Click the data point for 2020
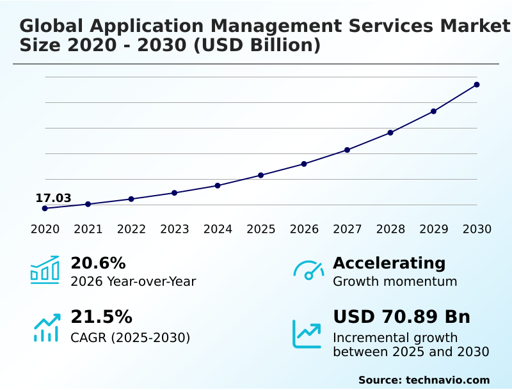45,208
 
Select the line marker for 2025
261,175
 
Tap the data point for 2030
477,84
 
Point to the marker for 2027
348,150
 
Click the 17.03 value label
53,198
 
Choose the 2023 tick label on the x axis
175,229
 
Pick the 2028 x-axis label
390,229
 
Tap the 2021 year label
88,229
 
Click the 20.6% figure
98,263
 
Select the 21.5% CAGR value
101,317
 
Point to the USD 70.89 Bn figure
401,317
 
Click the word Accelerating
389,263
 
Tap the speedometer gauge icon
308,270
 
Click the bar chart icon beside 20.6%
45,270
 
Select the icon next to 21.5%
46,327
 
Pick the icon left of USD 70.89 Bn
307,334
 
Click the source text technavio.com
447,380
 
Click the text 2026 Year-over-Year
133,281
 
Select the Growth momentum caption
395,281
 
